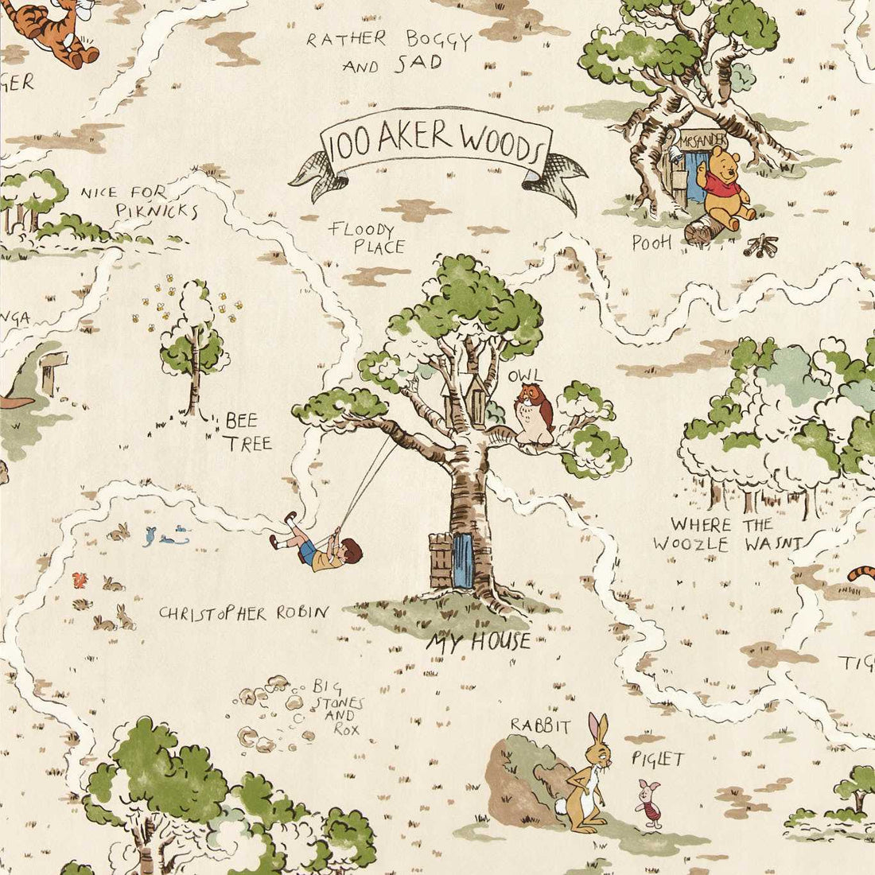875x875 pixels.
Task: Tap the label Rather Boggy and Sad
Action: (x=390, y=51)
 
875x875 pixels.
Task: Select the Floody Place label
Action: (x=367, y=238)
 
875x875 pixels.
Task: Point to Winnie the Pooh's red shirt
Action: (x=723, y=189)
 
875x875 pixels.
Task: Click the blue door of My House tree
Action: (x=463, y=560)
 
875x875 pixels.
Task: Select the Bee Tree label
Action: (x=247, y=431)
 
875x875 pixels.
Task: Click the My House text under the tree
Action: (x=477, y=641)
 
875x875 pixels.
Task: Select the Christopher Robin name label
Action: (x=243, y=612)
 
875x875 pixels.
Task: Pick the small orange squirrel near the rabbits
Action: (x=79, y=578)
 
